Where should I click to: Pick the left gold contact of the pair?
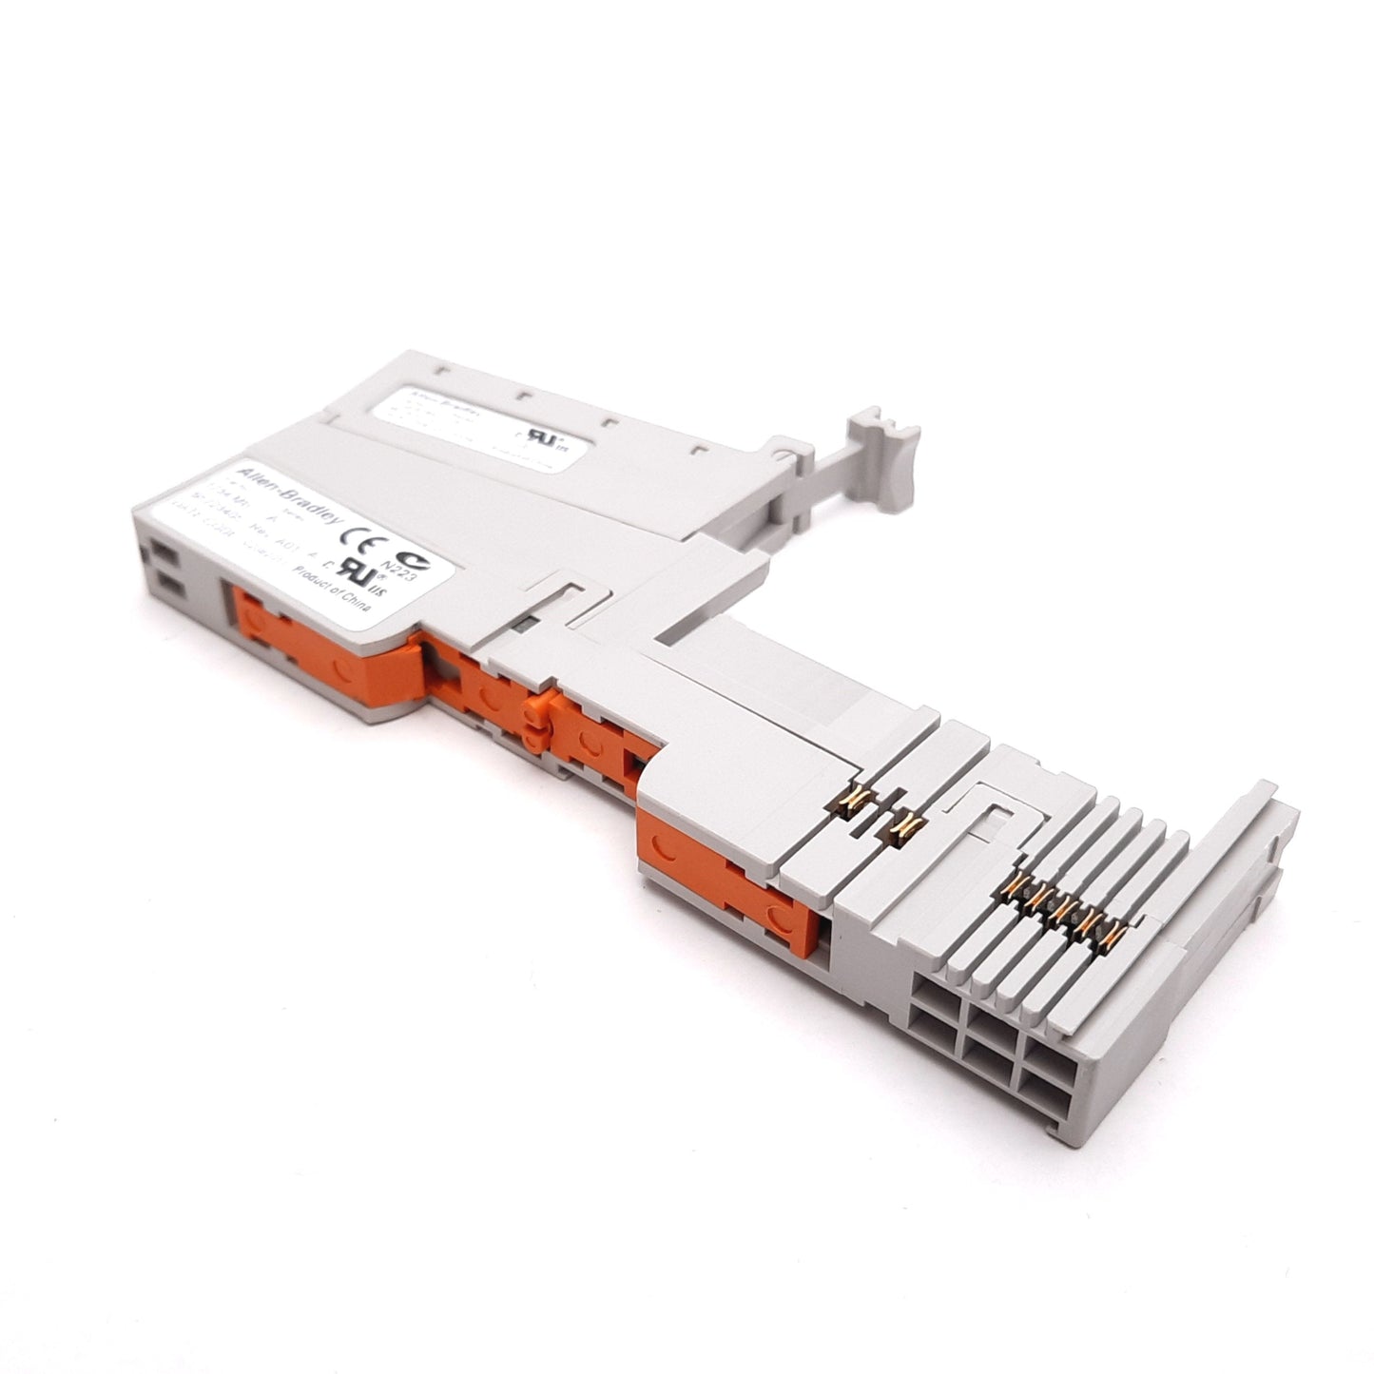854,805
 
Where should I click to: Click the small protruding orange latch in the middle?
536,714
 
